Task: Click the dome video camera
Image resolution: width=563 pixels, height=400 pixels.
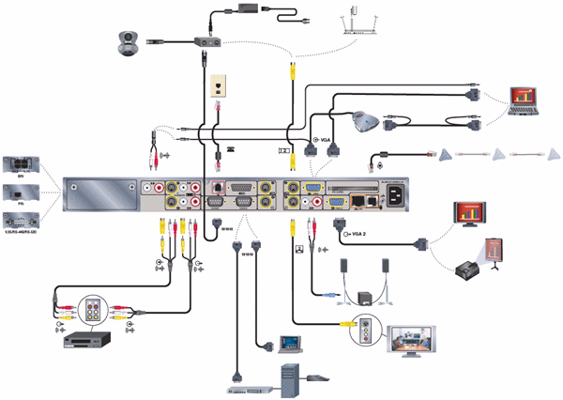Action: [128, 41]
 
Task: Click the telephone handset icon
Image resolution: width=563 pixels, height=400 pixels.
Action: [231, 149]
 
